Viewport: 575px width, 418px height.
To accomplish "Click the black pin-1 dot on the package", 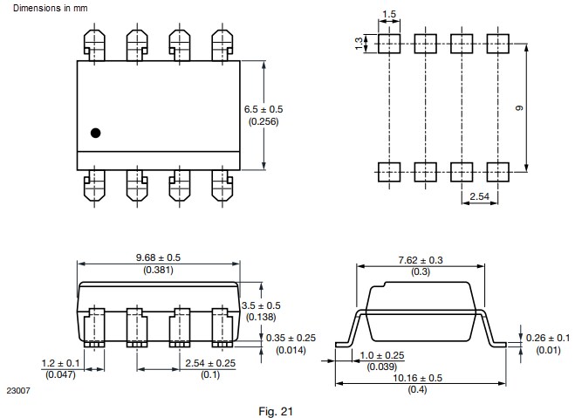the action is click(x=95, y=133).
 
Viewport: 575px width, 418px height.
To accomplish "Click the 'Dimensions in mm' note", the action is click(x=51, y=8).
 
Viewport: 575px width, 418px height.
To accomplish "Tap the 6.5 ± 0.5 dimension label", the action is click(x=264, y=109).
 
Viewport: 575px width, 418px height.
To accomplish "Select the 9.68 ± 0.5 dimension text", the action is click(x=159, y=257).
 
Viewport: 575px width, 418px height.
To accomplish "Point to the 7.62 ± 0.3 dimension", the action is click(x=421, y=260).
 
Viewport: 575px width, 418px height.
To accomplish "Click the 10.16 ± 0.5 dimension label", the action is click(x=418, y=378).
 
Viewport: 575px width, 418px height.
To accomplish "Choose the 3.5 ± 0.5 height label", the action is click(x=261, y=305).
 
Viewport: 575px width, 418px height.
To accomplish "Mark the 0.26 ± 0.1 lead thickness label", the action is click(x=548, y=338).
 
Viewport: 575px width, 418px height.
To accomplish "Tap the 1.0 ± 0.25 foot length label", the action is click(x=382, y=355).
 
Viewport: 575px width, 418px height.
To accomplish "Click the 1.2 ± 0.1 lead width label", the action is click(x=60, y=363).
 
